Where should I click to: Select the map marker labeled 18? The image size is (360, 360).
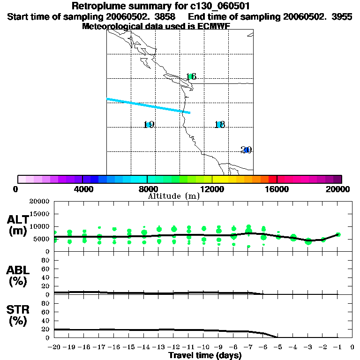(x=219, y=125)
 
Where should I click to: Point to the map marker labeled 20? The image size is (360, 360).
(x=246, y=150)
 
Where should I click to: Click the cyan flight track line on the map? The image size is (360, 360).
(x=148, y=106)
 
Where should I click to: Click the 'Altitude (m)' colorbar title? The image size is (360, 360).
(x=173, y=196)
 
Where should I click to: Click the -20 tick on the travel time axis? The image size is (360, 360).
(x=55, y=347)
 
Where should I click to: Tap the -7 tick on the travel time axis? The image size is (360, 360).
(x=248, y=347)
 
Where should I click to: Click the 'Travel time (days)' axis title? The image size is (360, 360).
(x=205, y=355)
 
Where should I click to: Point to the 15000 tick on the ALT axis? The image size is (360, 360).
(x=41, y=214)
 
